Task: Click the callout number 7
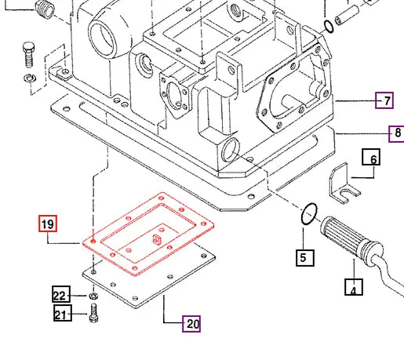coord(384,100)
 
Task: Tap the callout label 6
coord(373,159)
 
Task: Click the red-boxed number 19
coord(48,225)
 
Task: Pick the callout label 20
coord(191,322)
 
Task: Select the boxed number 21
coord(62,314)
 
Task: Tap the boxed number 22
coord(61,295)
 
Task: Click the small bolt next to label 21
coord(93,314)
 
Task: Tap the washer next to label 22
coord(93,296)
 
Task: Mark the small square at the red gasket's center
coord(156,240)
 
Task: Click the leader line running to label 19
coord(66,243)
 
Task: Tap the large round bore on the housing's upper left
coord(104,35)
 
